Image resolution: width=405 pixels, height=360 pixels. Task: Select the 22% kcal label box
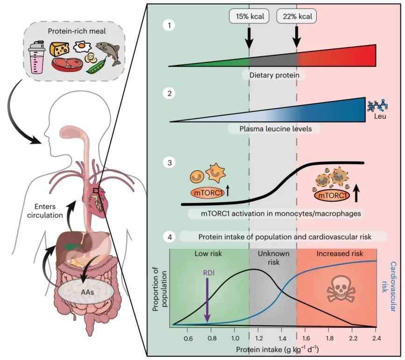(x=297, y=17)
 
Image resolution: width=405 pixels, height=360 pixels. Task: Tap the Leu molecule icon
(x=377, y=107)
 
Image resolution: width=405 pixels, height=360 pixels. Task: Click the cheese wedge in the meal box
(x=60, y=48)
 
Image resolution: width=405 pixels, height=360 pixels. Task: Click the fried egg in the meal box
(x=83, y=46)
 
